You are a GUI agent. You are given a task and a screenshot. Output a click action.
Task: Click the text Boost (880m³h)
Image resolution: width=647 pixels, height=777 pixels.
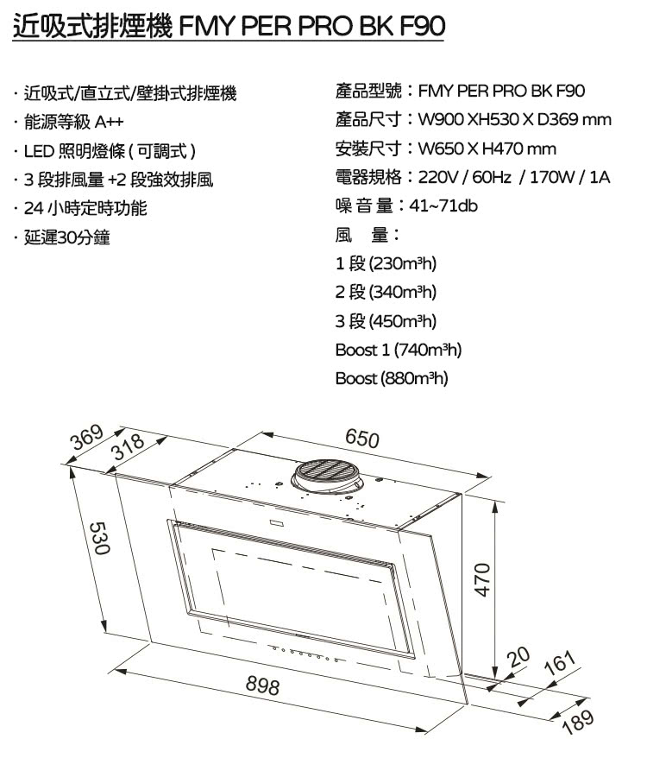point(392,378)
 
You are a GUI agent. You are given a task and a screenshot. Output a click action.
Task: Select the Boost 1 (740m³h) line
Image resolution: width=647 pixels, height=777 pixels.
point(399,351)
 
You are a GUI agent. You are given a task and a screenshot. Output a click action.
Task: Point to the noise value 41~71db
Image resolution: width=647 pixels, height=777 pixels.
point(448,206)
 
